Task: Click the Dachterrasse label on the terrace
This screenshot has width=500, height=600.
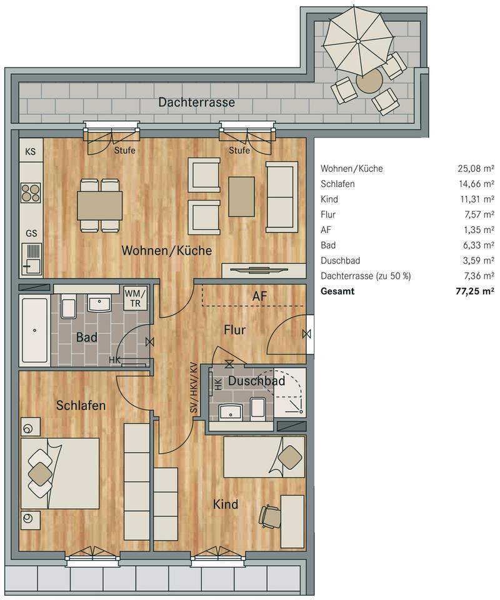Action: pos(196,102)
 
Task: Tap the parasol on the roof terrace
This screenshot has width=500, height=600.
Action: pos(358,41)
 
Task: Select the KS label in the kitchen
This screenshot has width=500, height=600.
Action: pos(30,151)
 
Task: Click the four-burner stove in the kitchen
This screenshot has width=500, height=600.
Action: pos(31,192)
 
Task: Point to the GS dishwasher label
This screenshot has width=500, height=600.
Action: pos(31,233)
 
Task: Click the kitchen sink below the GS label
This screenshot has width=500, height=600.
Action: pos(31,258)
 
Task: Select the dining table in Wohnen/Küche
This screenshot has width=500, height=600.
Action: pos(99,206)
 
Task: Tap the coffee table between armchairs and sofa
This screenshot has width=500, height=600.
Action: pos(241,197)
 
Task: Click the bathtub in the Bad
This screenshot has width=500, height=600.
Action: pos(34,330)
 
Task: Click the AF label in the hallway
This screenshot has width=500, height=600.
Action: pos(259,296)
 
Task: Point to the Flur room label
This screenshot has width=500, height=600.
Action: pos(234,329)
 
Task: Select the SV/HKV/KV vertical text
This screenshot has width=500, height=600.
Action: pos(194,387)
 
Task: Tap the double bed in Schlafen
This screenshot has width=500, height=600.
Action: pos(60,473)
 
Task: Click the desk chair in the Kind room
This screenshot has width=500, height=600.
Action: pos(270,516)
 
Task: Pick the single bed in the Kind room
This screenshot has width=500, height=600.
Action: pos(264,457)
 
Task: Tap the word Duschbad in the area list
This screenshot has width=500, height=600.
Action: pos(341,261)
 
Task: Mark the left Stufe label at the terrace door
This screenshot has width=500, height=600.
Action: pos(125,151)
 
